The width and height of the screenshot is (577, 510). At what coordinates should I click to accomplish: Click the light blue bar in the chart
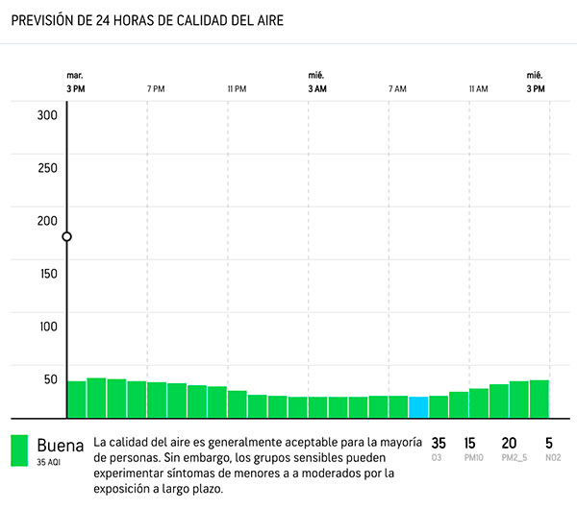tap(418, 406)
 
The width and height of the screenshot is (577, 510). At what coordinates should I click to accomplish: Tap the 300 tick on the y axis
tap(48, 115)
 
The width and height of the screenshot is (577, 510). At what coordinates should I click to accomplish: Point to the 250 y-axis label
tap(48, 168)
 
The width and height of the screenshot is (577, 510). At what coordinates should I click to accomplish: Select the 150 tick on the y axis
tap(48, 273)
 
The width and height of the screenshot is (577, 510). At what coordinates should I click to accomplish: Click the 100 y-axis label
tap(48, 326)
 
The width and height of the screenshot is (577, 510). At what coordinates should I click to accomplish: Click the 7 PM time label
tap(156, 88)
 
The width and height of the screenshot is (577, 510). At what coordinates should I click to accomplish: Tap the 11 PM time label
tap(237, 88)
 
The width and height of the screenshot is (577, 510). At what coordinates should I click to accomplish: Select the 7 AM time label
tap(397, 88)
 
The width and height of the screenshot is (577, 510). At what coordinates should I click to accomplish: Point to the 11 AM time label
tap(478, 88)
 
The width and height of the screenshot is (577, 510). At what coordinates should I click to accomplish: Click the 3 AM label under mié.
tap(316, 88)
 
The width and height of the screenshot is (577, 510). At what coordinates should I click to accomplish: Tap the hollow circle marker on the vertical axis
tap(66, 236)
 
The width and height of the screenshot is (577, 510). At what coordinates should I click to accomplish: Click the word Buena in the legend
tap(61, 445)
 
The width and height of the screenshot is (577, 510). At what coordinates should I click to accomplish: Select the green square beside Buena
tap(19, 451)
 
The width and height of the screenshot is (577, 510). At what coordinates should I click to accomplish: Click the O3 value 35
tap(439, 443)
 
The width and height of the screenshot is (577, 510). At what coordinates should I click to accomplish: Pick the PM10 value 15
tap(470, 443)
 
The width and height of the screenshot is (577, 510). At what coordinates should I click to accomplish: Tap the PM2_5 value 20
tap(509, 443)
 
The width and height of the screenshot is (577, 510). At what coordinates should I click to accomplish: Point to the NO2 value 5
tap(549, 443)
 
